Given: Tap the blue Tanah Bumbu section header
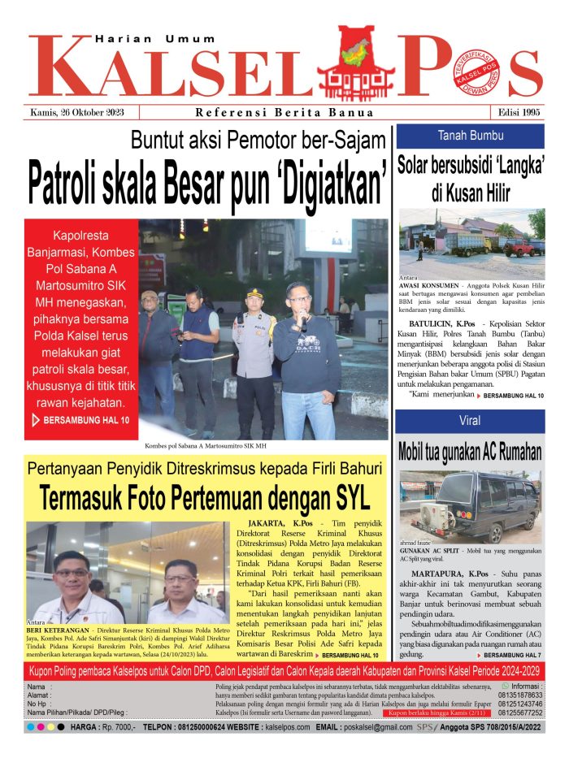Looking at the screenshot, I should [471, 136].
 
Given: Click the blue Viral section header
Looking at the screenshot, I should [471, 422].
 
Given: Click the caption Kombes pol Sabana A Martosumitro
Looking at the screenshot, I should [206, 446].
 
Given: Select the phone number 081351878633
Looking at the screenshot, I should [519, 695].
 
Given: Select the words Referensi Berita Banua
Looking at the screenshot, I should [284, 112].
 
